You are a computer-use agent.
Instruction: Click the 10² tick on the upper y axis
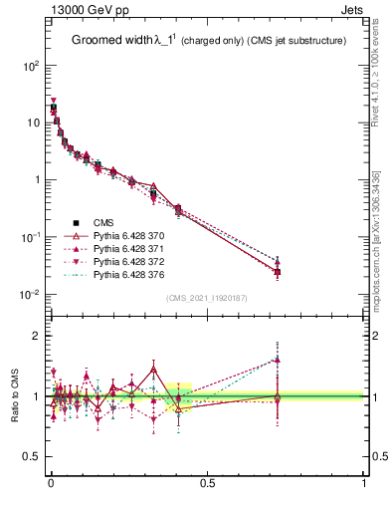(32, 66)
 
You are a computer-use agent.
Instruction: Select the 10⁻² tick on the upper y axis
(32, 295)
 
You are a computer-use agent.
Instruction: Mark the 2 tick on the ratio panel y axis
(38, 336)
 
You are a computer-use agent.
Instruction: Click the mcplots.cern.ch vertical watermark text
(376, 239)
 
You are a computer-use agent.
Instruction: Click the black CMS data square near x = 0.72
(278, 272)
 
